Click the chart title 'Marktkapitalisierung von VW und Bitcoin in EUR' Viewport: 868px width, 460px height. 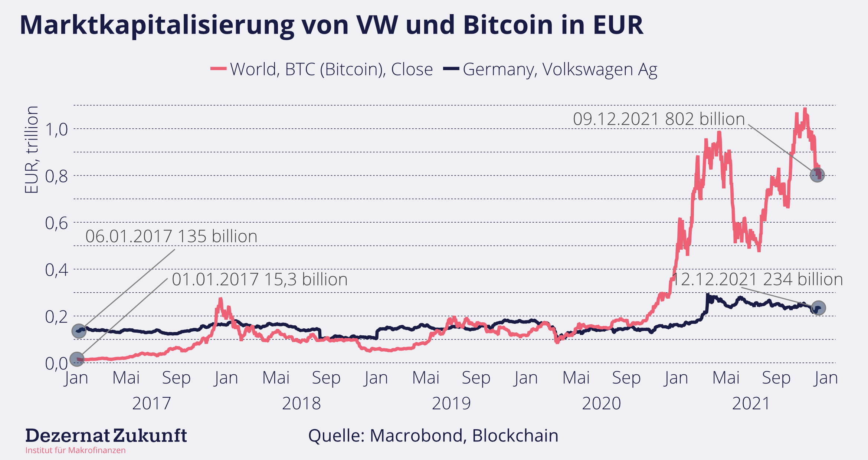coord(331,25)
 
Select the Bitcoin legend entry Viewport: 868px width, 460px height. coord(321,69)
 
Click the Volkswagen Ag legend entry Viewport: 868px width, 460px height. coord(550,69)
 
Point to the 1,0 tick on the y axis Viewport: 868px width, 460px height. coord(56,129)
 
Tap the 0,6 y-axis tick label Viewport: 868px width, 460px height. coord(56,223)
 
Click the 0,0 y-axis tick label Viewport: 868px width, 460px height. coord(56,364)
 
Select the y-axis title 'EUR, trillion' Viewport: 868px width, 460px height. coord(32,149)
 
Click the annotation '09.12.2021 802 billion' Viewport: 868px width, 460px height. coord(659,119)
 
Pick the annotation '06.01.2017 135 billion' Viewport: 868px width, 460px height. coord(171,236)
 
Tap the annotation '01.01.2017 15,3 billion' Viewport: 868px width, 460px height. coord(259,279)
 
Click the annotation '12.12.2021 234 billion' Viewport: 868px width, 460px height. coord(757,279)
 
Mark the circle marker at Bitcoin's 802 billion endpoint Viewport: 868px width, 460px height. coord(817,174)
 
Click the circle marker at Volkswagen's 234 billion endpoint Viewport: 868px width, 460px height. coord(818,308)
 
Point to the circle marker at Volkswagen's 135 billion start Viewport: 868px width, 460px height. coord(79,331)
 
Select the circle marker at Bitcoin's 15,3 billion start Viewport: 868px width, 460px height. coord(77,359)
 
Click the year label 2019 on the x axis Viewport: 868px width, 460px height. coord(451,404)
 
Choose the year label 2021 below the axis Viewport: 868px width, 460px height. coord(751,404)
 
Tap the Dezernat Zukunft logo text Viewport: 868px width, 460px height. coord(106,436)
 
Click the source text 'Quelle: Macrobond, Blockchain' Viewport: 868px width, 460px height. coord(433,436)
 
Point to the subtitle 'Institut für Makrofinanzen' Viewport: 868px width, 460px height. coord(75,450)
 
